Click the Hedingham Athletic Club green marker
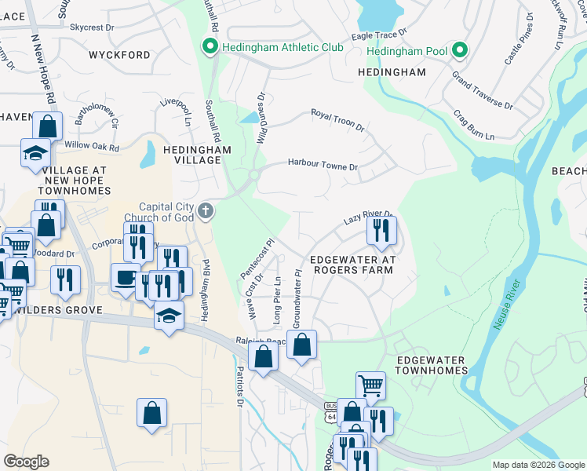(x=210, y=47)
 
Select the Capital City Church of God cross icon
(x=206, y=210)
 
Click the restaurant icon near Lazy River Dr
(x=381, y=231)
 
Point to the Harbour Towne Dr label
(x=323, y=166)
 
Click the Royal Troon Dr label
(x=338, y=120)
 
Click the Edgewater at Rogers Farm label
(x=352, y=265)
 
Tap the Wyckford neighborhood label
(x=119, y=56)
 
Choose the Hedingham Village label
(x=192, y=154)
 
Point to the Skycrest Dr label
(x=92, y=27)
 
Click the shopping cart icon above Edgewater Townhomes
(x=370, y=385)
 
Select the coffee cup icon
(x=125, y=278)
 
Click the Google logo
(x=27, y=462)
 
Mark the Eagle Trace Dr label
(x=380, y=35)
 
